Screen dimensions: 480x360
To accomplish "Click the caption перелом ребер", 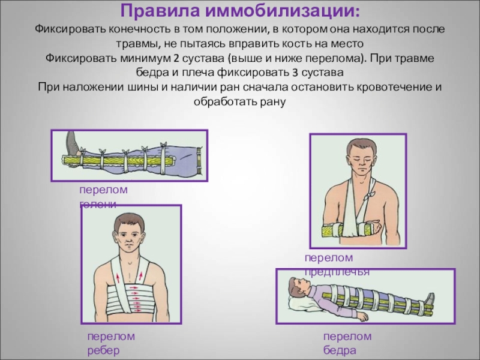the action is (x=110, y=343).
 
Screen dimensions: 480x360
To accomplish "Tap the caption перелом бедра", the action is (x=347, y=343).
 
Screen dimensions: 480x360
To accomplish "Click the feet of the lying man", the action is (x=430, y=298).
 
